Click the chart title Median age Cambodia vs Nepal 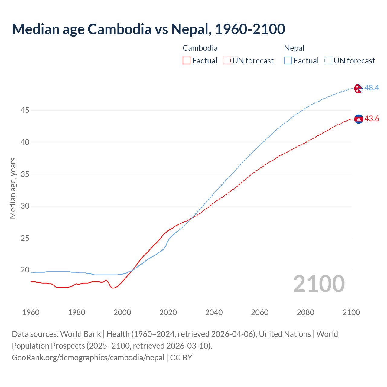148,29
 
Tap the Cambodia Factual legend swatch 187,61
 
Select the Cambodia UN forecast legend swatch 227,61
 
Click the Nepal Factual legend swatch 288,61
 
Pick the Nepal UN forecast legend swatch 328,61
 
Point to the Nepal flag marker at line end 358,88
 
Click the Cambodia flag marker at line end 359,119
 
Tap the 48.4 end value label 372,88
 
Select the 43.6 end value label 372,119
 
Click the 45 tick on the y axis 25,110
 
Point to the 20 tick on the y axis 25,270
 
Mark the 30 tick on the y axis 25,206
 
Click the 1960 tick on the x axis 31,312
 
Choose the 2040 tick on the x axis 214,312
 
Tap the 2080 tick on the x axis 305,312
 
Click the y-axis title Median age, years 13,188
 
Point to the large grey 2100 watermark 319,284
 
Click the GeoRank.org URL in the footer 88,358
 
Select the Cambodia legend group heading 200,48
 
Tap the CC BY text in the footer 181,358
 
